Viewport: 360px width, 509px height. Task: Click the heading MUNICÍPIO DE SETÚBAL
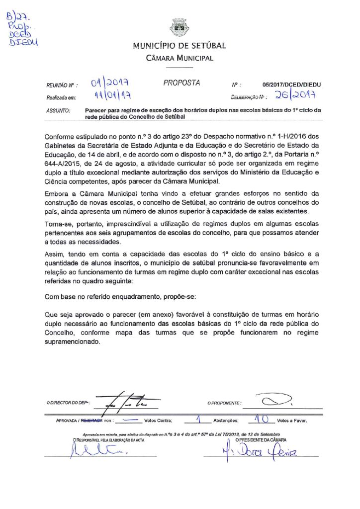180,46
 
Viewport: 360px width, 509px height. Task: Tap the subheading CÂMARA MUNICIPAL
180,58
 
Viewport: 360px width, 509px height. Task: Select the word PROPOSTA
181,83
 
